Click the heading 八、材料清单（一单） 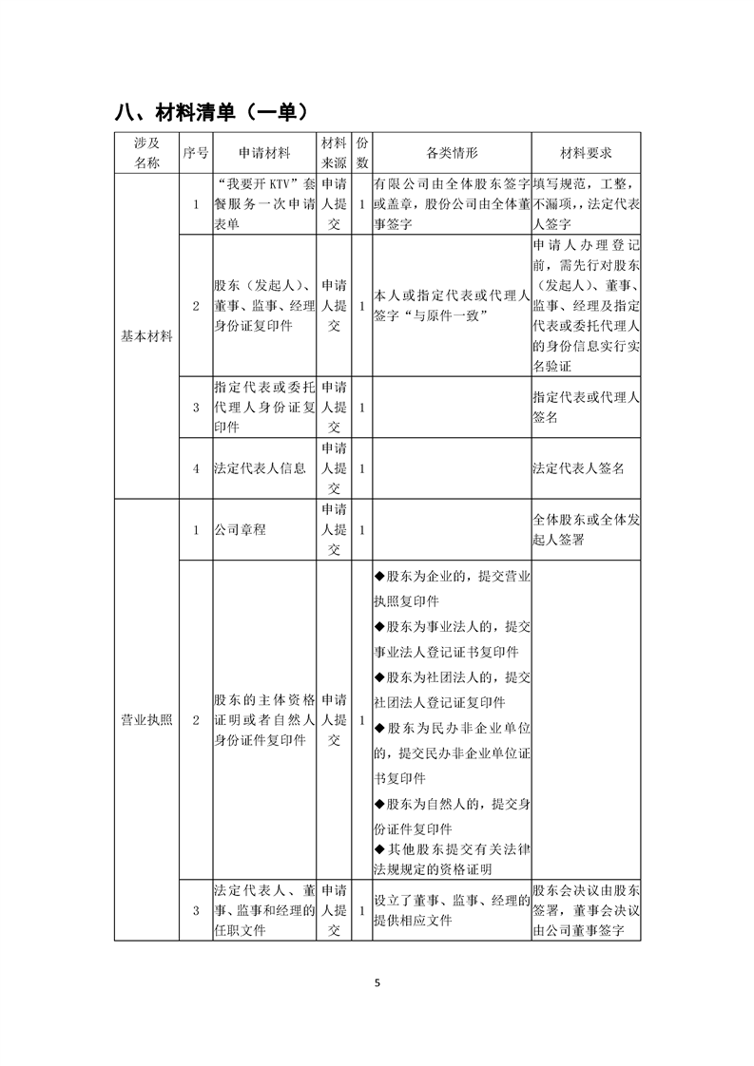(x=210, y=112)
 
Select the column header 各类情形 (x=451, y=152)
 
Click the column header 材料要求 (x=586, y=152)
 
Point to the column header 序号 (x=196, y=152)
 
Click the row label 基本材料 (x=146, y=336)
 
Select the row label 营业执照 (x=146, y=719)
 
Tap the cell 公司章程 (x=241, y=529)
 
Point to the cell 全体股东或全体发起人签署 (x=586, y=529)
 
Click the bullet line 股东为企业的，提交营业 (x=451, y=577)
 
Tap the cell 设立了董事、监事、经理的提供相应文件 (x=451, y=910)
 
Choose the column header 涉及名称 (x=146, y=152)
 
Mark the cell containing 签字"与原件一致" (x=451, y=306)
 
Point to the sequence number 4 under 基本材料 (x=196, y=468)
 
